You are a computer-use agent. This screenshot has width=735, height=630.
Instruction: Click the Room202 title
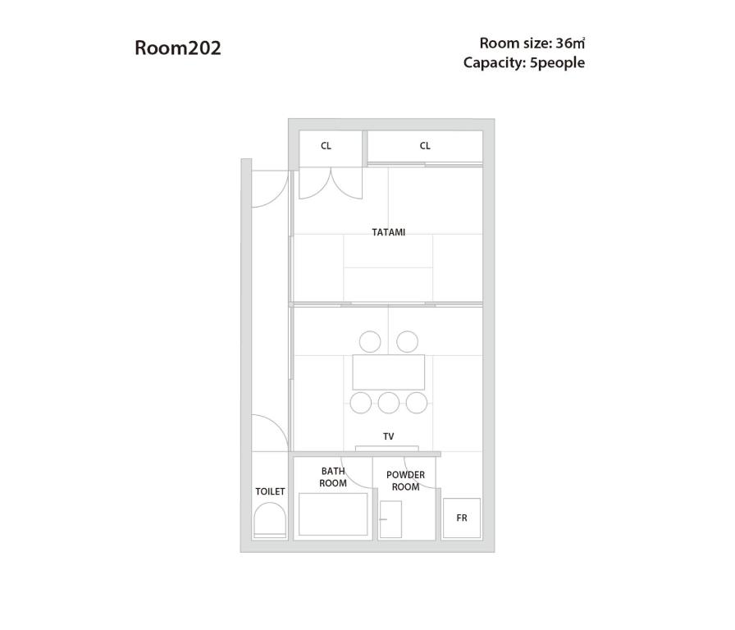tap(178, 48)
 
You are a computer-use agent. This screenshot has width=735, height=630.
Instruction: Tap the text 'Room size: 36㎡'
tap(532, 43)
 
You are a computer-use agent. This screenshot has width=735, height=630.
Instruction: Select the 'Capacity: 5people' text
tap(524, 63)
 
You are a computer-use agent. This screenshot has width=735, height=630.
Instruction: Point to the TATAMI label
tap(389, 232)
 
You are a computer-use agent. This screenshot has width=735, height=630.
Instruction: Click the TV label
tap(389, 436)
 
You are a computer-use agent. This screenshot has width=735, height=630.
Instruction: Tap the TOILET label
tap(270, 491)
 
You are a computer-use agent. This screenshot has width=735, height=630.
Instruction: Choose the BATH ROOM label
tap(333, 477)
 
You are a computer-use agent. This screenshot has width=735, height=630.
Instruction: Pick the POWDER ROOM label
tap(405, 481)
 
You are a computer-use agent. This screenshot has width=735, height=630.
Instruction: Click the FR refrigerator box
tap(462, 518)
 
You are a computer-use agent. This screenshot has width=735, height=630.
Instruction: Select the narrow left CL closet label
tap(326, 146)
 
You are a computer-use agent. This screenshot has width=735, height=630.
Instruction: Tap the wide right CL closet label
tap(425, 146)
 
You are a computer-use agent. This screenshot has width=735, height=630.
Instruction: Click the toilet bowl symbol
tap(270, 520)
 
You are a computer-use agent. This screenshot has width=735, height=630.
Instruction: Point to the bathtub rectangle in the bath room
tap(333, 514)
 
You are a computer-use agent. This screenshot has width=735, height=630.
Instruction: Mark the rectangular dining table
tap(389, 372)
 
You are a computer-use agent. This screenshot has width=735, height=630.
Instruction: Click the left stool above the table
tap(370, 342)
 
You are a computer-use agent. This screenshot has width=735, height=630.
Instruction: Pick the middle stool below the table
tap(389, 403)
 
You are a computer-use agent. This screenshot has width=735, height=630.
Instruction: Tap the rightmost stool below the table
tap(417, 403)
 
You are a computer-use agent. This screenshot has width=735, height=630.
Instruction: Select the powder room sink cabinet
tap(390, 519)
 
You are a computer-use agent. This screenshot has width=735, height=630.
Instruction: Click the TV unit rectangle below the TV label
tap(386, 449)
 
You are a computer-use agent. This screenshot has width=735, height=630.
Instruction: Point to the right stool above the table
tap(408, 342)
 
